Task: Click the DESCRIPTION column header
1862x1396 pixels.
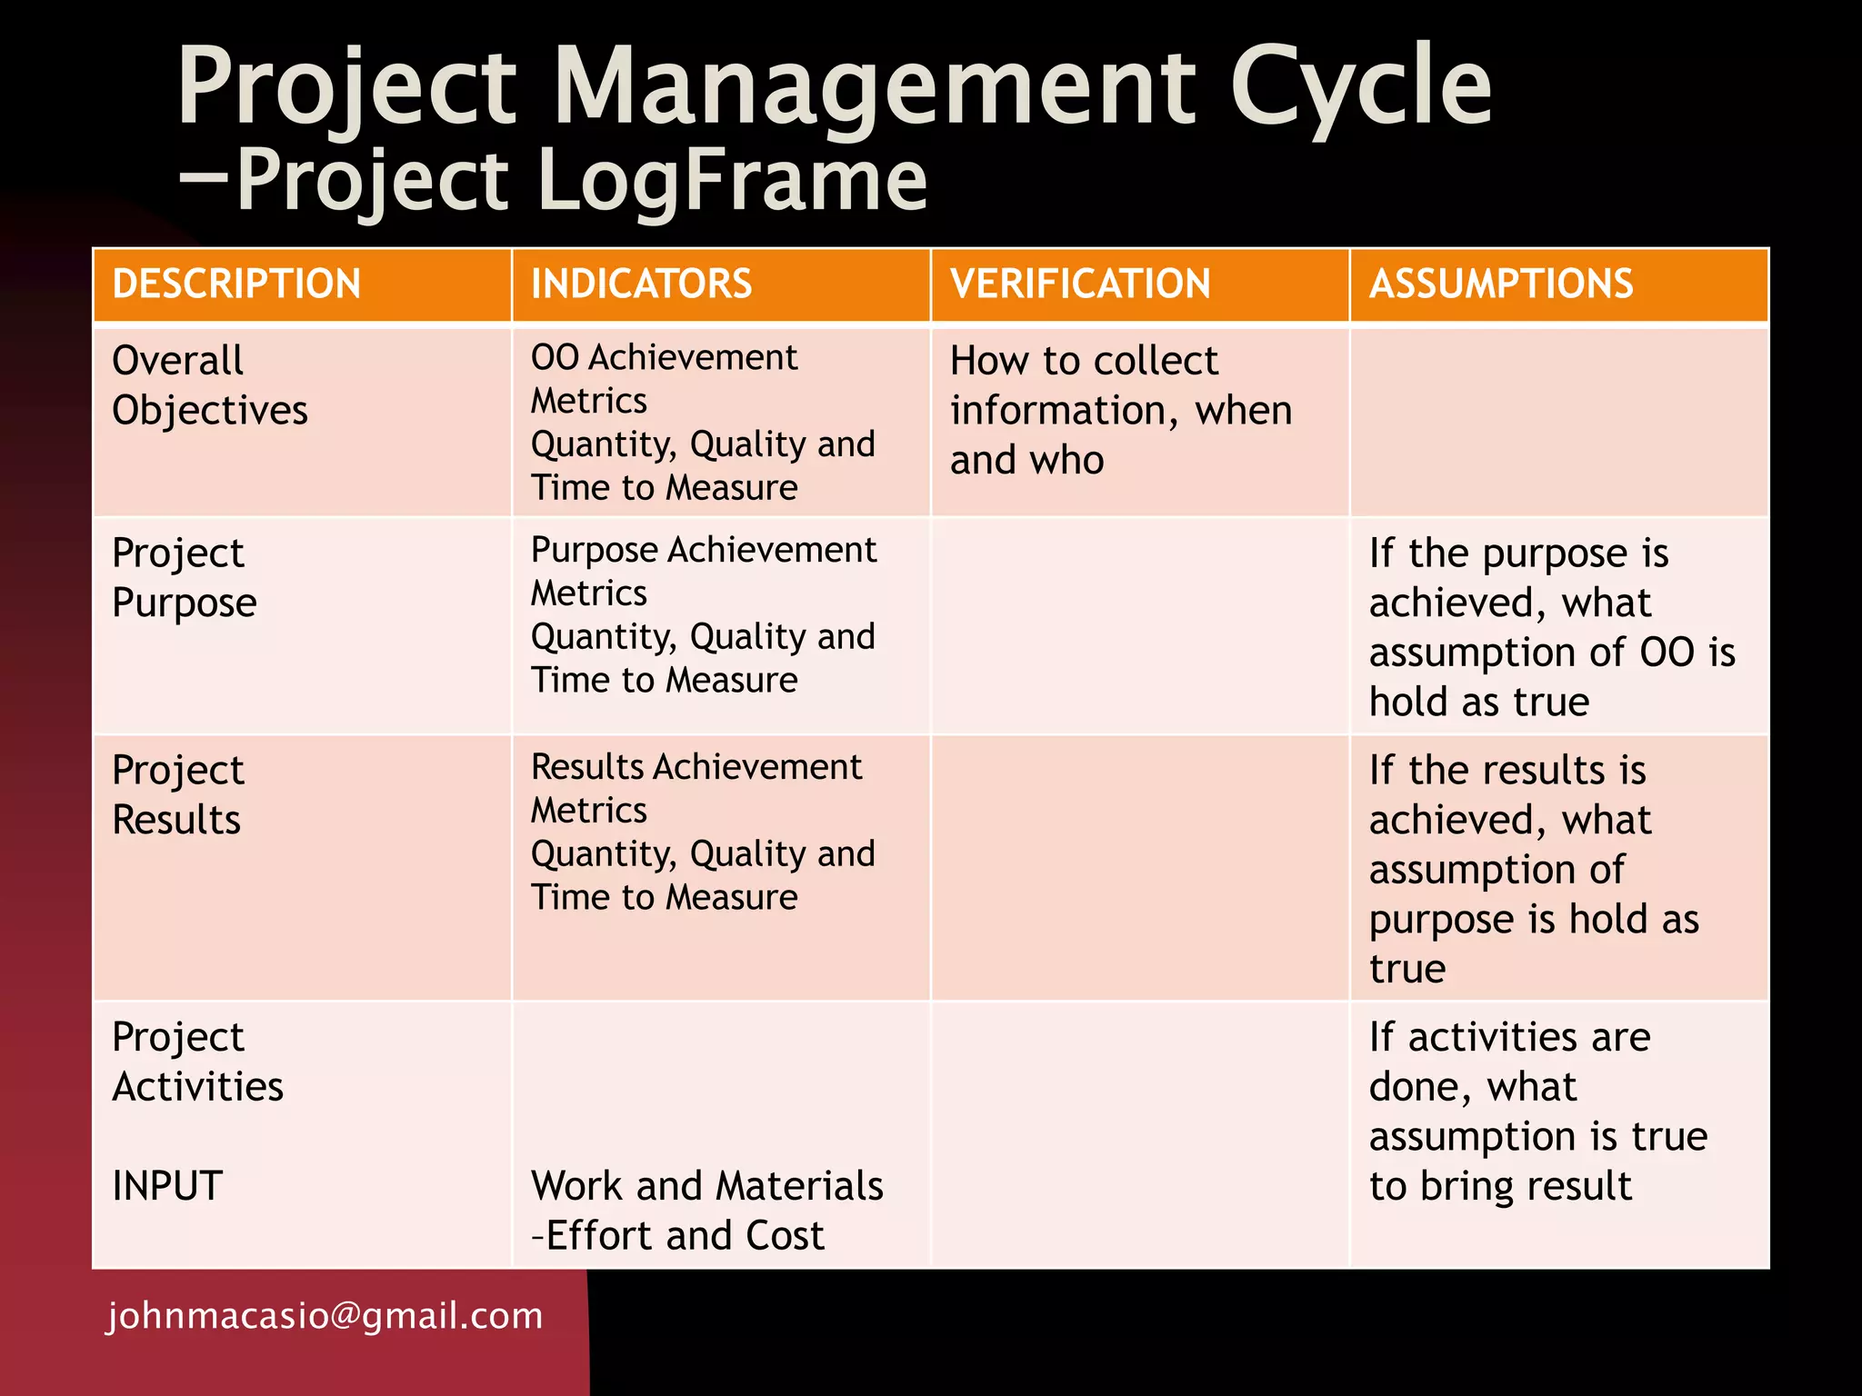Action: click(x=236, y=284)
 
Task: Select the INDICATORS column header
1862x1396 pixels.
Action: click(x=641, y=284)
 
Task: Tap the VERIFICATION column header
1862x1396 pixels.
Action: click(x=1080, y=284)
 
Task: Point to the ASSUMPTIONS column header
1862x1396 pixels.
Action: click(x=1501, y=284)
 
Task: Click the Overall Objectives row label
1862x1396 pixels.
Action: click(x=210, y=385)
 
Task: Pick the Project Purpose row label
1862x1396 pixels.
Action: click(x=185, y=578)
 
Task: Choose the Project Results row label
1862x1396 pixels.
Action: click(x=178, y=795)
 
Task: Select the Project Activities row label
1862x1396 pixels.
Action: click(x=198, y=1062)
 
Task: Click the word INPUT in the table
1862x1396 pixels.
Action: click(x=167, y=1186)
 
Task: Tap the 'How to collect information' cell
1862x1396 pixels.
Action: click(x=1121, y=410)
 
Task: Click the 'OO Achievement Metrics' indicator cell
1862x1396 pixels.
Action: click(x=703, y=423)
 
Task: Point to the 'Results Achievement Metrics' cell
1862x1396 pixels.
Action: click(x=703, y=833)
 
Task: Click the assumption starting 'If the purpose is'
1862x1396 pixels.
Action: click(x=1551, y=627)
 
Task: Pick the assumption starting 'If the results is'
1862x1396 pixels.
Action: click(x=1534, y=869)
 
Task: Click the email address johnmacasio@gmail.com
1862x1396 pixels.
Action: click(x=325, y=1316)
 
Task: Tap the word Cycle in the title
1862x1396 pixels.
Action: click(x=1360, y=86)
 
